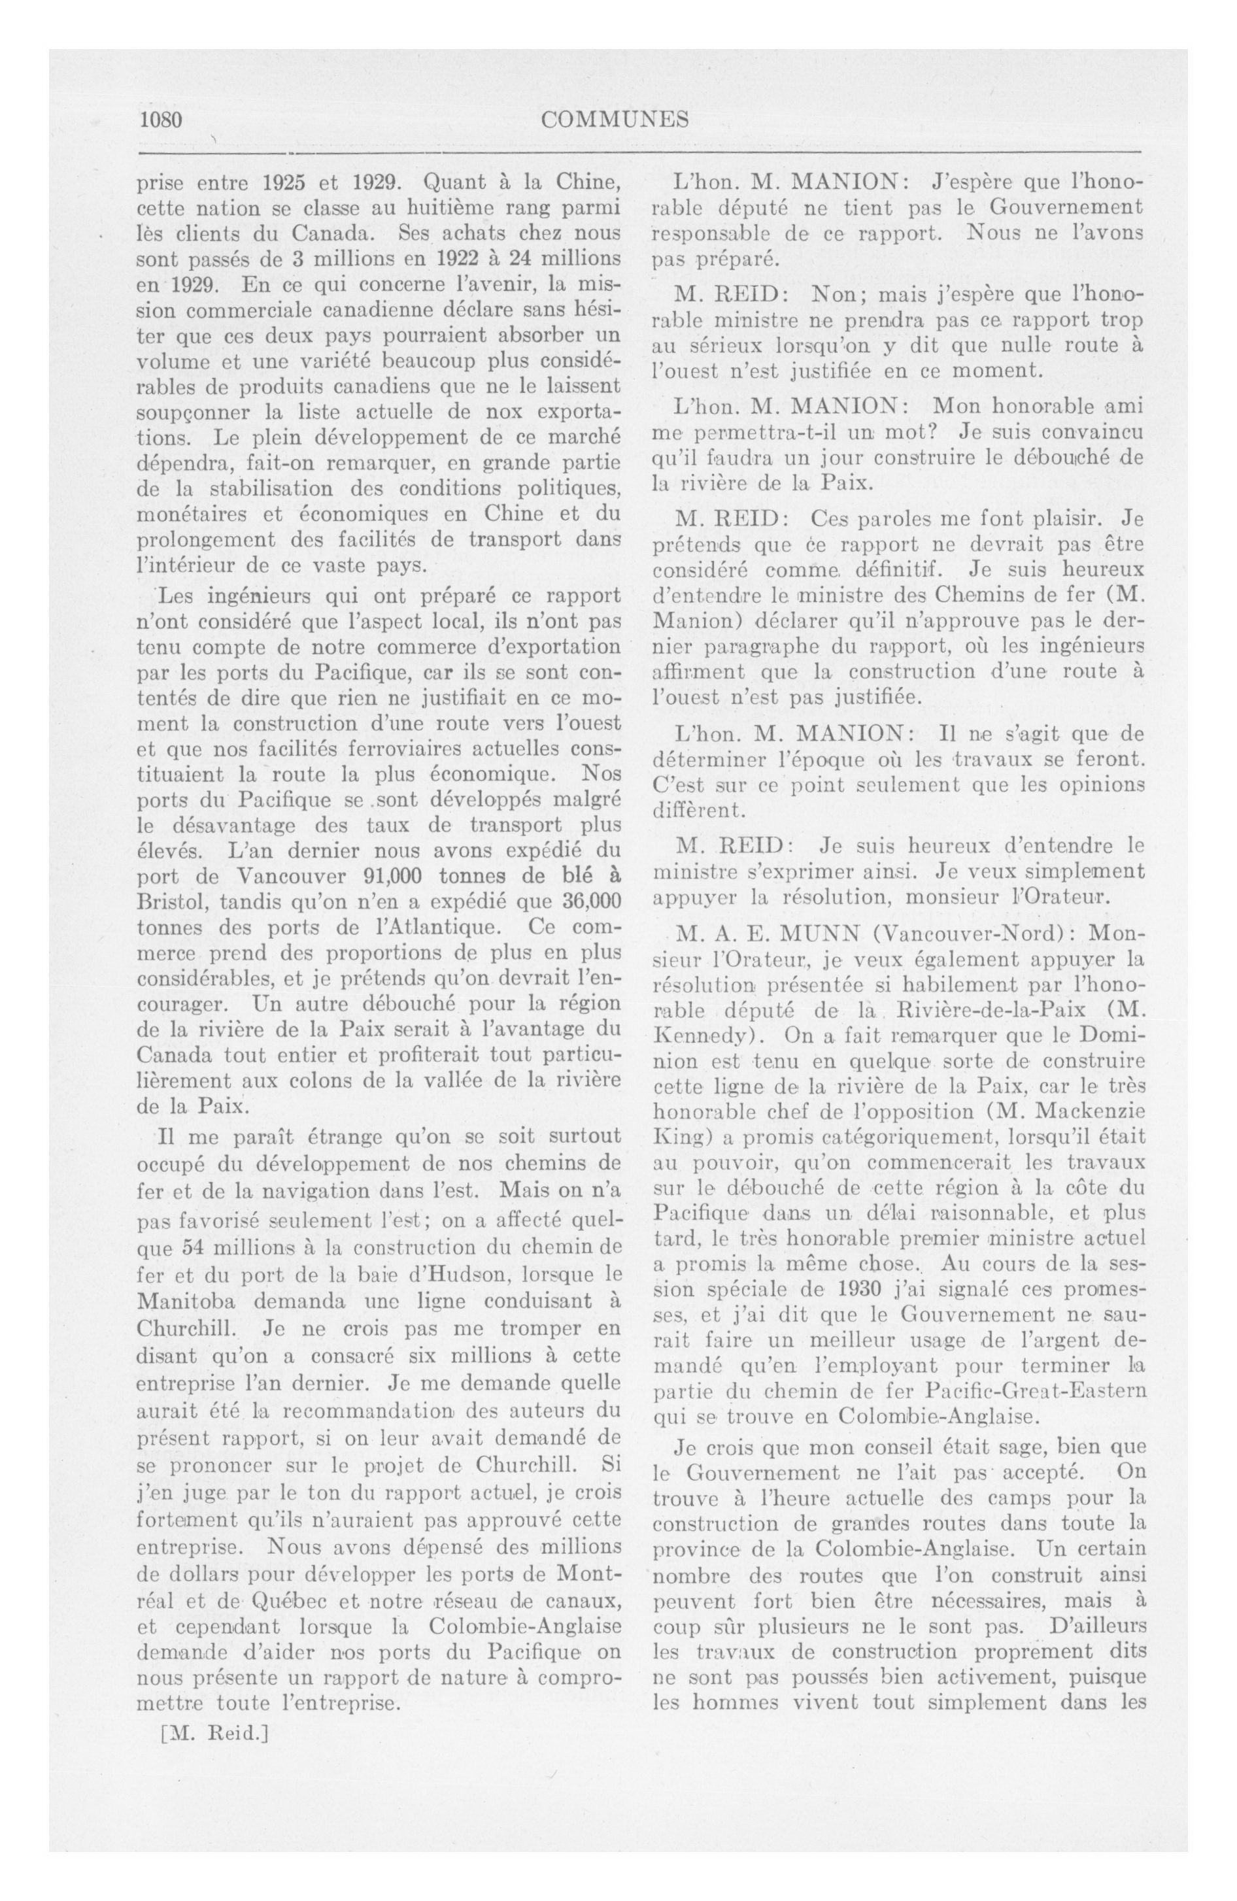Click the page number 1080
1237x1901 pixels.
click(162, 120)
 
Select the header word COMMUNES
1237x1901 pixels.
click(615, 120)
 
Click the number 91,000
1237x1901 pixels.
click(392, 875)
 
